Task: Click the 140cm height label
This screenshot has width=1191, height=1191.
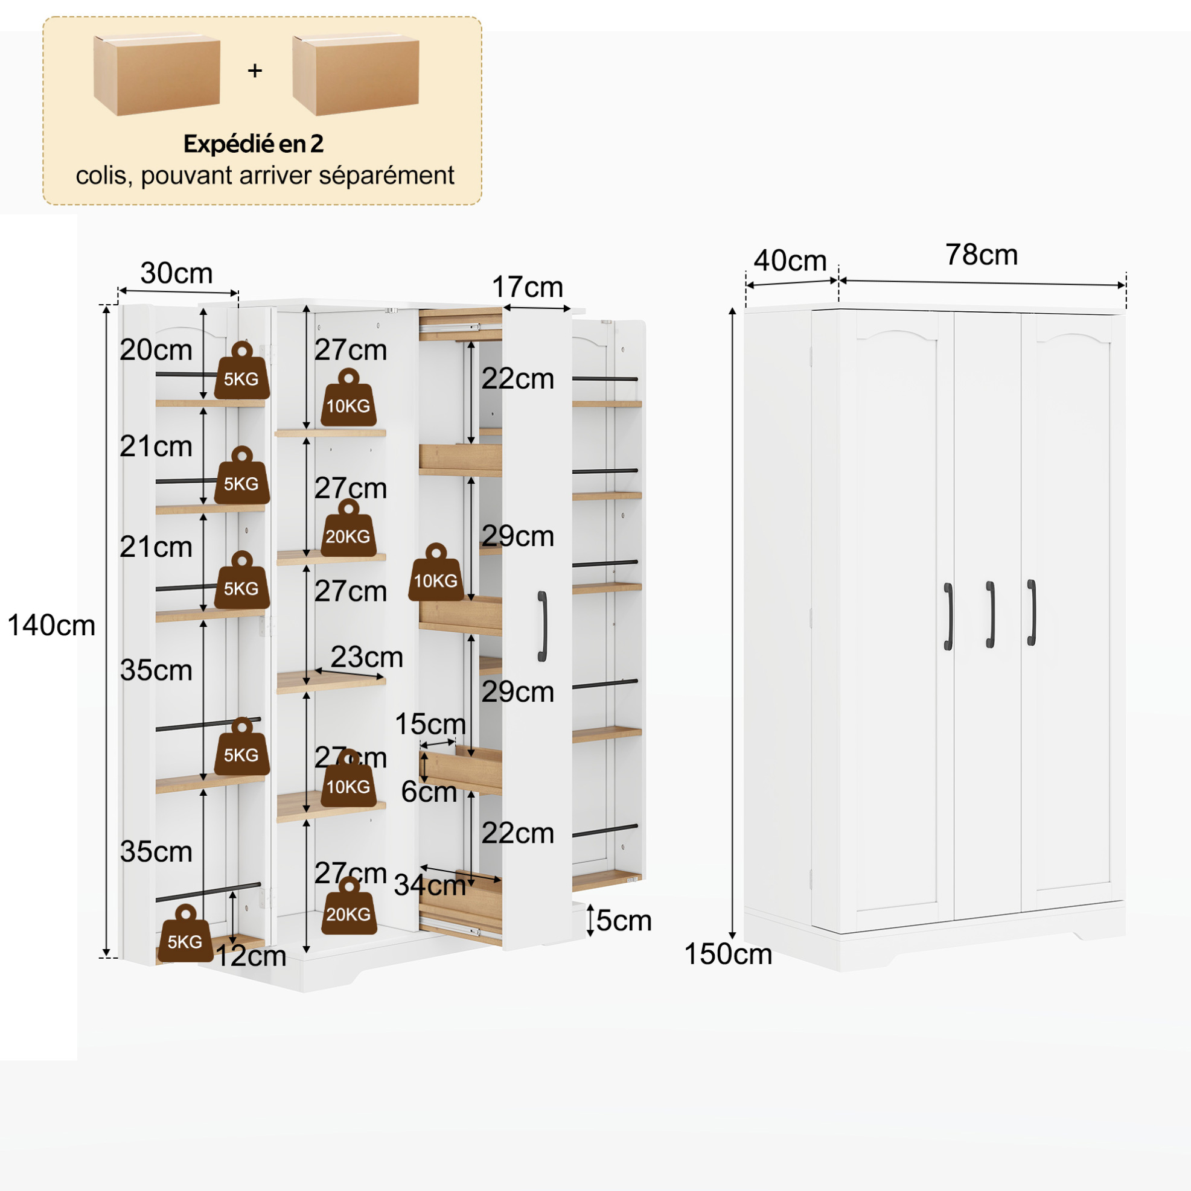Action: click(51, 626)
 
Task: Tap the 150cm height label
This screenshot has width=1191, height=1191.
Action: click(728, 954)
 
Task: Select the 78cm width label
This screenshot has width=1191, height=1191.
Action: click(982, 255)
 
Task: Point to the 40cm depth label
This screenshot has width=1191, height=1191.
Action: click(790, 260)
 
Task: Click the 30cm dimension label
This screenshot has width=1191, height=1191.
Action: click(176, 273)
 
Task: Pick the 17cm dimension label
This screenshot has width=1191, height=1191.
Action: click(528, 287)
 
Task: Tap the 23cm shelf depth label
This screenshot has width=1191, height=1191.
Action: click(367, 657)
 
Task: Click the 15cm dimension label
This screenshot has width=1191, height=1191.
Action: click(430, 725)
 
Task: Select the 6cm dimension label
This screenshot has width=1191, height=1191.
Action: click(429, 792)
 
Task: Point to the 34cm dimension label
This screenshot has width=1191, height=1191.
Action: click(430, 886)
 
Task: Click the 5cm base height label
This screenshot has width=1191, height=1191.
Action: click(624, 921)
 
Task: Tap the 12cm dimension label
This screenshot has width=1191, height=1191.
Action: click(251, 957)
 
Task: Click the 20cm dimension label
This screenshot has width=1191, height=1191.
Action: click(156, 350)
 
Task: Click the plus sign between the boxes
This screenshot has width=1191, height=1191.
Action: click(255, 71)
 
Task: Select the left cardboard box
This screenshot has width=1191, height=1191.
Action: click(157, 74)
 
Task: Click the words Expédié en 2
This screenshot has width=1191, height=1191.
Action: click(254, 144)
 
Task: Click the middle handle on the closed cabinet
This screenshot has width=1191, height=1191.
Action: click(990, 615)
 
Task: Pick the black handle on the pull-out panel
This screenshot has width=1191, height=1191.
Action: click(542, 626)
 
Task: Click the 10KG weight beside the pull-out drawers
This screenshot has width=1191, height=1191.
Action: click(436, 573)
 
